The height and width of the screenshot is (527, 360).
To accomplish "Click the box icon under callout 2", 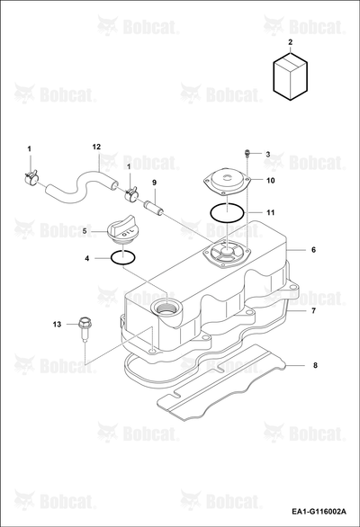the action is pyautogui.click(x=291, y=76).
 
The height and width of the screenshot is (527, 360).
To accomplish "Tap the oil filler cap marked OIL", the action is pyautogui.click(x=122, y=232).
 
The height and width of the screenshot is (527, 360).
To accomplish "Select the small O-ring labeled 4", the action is pyautogui.click(x=123, y=258).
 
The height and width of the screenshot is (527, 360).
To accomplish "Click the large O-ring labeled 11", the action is pyautogui.click(x=227, y=212).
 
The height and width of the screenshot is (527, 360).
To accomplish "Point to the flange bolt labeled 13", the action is pyautogui.click(x=84, y=329).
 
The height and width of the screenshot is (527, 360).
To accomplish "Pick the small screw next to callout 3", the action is pyautogui.click(x=247, y=154).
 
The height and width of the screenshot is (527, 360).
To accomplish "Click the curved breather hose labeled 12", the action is pyautogui.click(x=81, y=186).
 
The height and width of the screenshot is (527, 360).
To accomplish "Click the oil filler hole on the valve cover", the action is pyautogui.click(x=167, y=308).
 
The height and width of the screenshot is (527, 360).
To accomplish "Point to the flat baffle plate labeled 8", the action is pyautogui.click(x=222, y=382).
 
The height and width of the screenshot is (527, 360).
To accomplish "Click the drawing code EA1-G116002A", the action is pyautogui.click(x=319, y=512).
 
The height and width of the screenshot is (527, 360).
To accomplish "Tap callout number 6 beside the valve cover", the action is pyautogui.click(x=313, y=250).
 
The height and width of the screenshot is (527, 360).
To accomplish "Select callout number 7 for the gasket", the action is pyautogui.click(x=313, y=311).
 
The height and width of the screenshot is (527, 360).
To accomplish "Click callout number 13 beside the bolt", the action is pyautogui.click(x=58, y=325).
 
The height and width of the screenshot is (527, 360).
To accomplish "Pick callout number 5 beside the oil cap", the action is pyautogui.click(x=85, y=231).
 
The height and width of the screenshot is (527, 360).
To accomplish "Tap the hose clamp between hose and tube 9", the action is pyautogui.click(x=130, y=193).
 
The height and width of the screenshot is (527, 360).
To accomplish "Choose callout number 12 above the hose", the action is pyautogui.click(x=96, y=147).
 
